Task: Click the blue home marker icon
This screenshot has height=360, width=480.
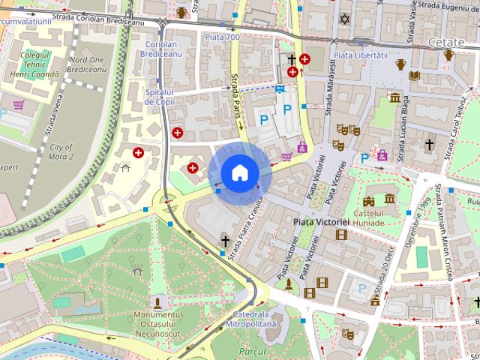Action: [x=238, y=172]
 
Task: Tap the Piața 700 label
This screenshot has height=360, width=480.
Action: [x=221, y=37]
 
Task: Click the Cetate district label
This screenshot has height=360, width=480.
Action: [x=447, y=43]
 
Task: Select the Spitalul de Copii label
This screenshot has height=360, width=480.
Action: [x=159, y=96]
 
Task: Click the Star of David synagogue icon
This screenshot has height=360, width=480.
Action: [x=345, y=18]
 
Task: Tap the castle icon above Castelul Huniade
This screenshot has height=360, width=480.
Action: [x=369, y=201]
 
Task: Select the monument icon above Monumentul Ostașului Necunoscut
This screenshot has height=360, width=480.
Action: [x=158, y=302]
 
